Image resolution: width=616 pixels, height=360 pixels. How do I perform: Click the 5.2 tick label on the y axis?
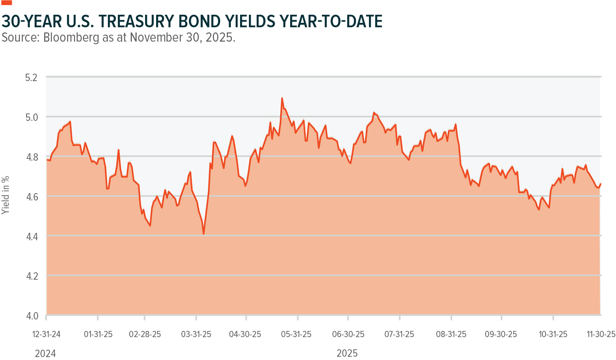(x=31, y=78)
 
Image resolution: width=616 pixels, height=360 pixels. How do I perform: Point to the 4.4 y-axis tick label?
(x=31, y=237)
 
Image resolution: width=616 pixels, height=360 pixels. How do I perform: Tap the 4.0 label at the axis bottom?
(x=31, y=316)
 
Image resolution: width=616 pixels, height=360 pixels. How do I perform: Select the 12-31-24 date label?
(x=46, y=334)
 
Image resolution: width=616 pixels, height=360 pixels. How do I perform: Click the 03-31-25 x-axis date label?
(x=196, y=334)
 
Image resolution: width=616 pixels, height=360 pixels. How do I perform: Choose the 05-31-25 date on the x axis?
(x=296, y=334)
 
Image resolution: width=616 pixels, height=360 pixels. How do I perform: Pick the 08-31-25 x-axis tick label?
(x=451, y=334)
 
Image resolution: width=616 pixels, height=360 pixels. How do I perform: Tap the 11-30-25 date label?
(x=601, y=334)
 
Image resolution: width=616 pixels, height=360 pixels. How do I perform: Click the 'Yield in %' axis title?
(x=5, y=195)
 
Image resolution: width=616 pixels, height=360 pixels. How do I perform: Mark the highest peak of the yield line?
(x=282, y=98)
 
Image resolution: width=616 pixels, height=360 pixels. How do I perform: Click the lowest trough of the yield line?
(x=204, y=234)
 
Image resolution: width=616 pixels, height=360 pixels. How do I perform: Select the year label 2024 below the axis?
(x=45, y=354)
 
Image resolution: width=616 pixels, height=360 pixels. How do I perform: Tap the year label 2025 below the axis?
(x=347, y=353)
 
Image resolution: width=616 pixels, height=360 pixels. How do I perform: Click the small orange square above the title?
(x=7, y=2)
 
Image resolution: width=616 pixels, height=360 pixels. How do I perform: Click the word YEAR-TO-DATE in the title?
(x=331, y=21)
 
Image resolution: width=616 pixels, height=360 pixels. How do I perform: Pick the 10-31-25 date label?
(x=553, y=334)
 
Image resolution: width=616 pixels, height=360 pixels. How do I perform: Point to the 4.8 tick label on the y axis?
(x=31, y=157)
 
